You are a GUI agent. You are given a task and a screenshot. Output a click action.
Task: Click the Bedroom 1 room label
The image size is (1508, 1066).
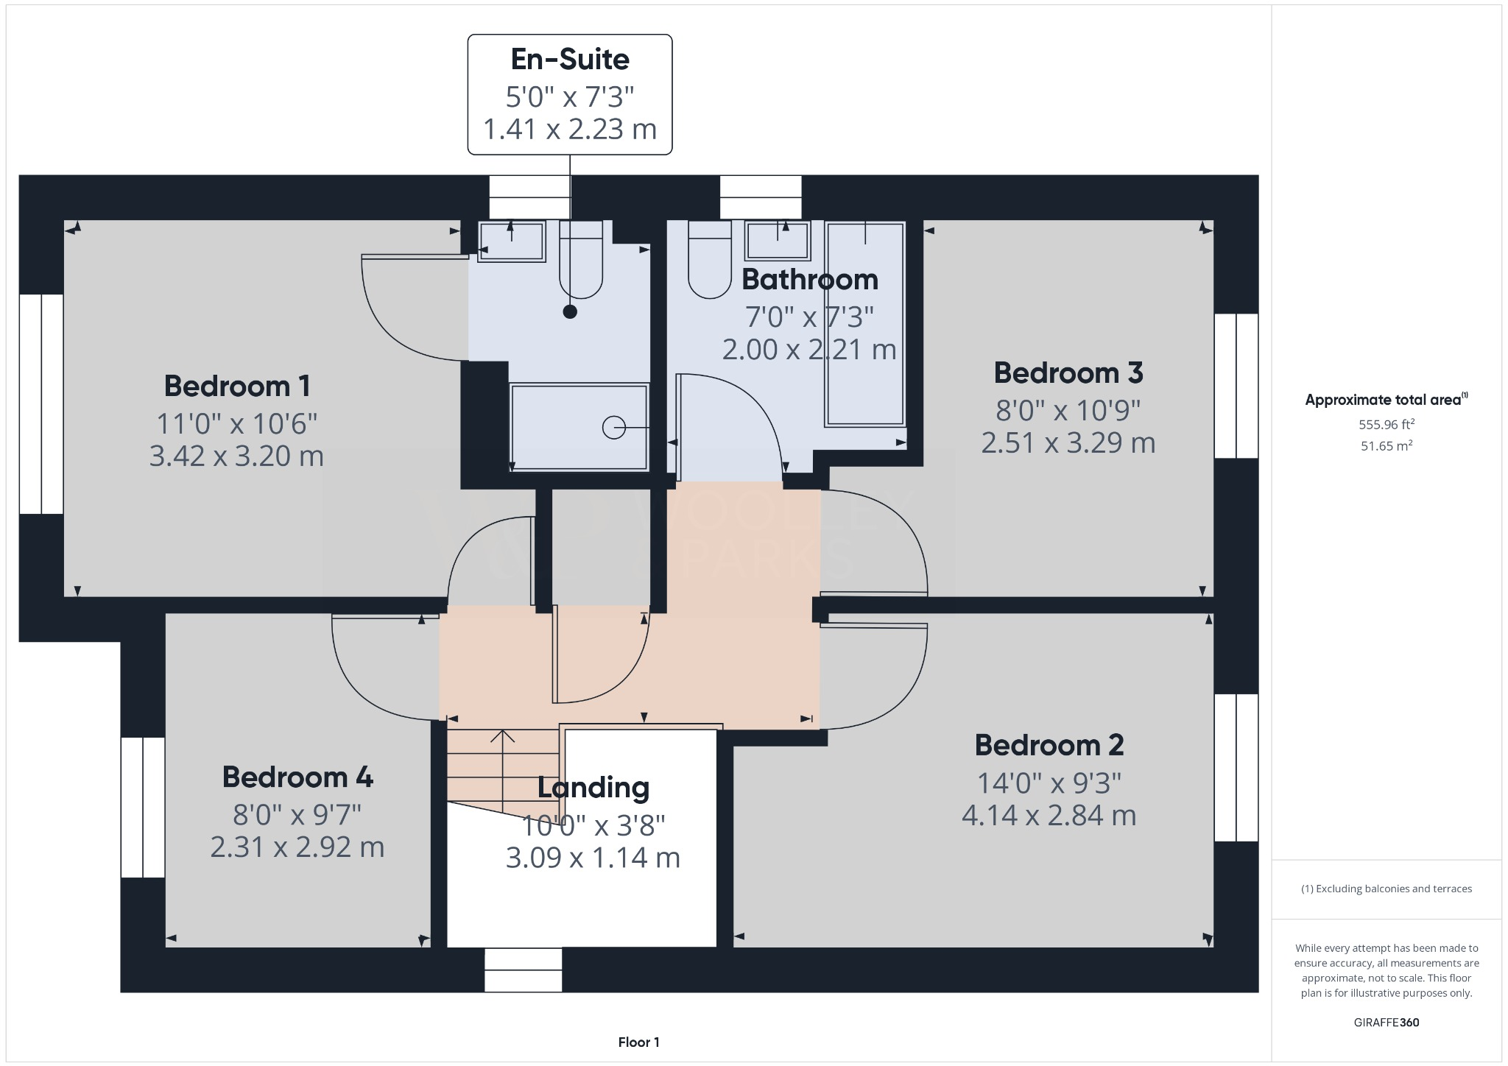(x=236, y=386)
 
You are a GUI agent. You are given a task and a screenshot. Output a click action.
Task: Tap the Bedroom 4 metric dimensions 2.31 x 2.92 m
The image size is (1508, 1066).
(x=297, y=847)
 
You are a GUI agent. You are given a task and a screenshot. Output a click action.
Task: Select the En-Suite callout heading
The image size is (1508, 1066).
(x=570, y=60)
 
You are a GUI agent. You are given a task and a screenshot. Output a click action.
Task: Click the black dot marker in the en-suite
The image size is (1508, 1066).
(x=570, y=311)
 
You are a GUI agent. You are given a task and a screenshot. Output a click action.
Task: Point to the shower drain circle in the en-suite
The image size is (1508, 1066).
(x=613, y=427)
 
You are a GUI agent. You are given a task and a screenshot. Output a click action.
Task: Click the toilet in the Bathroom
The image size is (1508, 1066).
(x=710, y=261)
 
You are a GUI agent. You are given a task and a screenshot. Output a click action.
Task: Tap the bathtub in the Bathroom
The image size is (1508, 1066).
(x=865, y=324)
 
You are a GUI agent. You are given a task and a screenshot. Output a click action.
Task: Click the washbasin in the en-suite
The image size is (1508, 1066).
(x=512, y=240)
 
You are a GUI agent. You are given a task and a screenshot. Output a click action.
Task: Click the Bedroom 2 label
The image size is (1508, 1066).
(x=1049, y=745)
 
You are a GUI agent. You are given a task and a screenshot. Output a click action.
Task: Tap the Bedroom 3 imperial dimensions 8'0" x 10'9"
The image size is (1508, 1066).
(x=1068, y=409)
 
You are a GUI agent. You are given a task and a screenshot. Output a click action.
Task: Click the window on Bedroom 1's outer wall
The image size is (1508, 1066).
(x=41, y=403)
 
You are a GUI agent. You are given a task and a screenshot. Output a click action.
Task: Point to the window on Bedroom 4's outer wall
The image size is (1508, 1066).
(x=143, y=807)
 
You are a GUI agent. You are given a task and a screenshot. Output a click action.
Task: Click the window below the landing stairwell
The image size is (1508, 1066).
(x=523, y=970)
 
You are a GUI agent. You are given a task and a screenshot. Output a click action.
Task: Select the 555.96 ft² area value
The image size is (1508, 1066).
(x=1386, y=425)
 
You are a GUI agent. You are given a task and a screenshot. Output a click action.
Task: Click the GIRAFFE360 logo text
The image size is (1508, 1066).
(x=1386, y=1023)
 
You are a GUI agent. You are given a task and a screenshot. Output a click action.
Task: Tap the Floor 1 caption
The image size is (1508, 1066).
(x=638, y=1042)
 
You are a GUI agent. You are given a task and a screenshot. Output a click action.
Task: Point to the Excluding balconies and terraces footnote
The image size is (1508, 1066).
(x=1386, y=889)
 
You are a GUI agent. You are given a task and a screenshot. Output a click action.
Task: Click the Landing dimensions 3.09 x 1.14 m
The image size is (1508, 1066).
(x=593, y=858)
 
